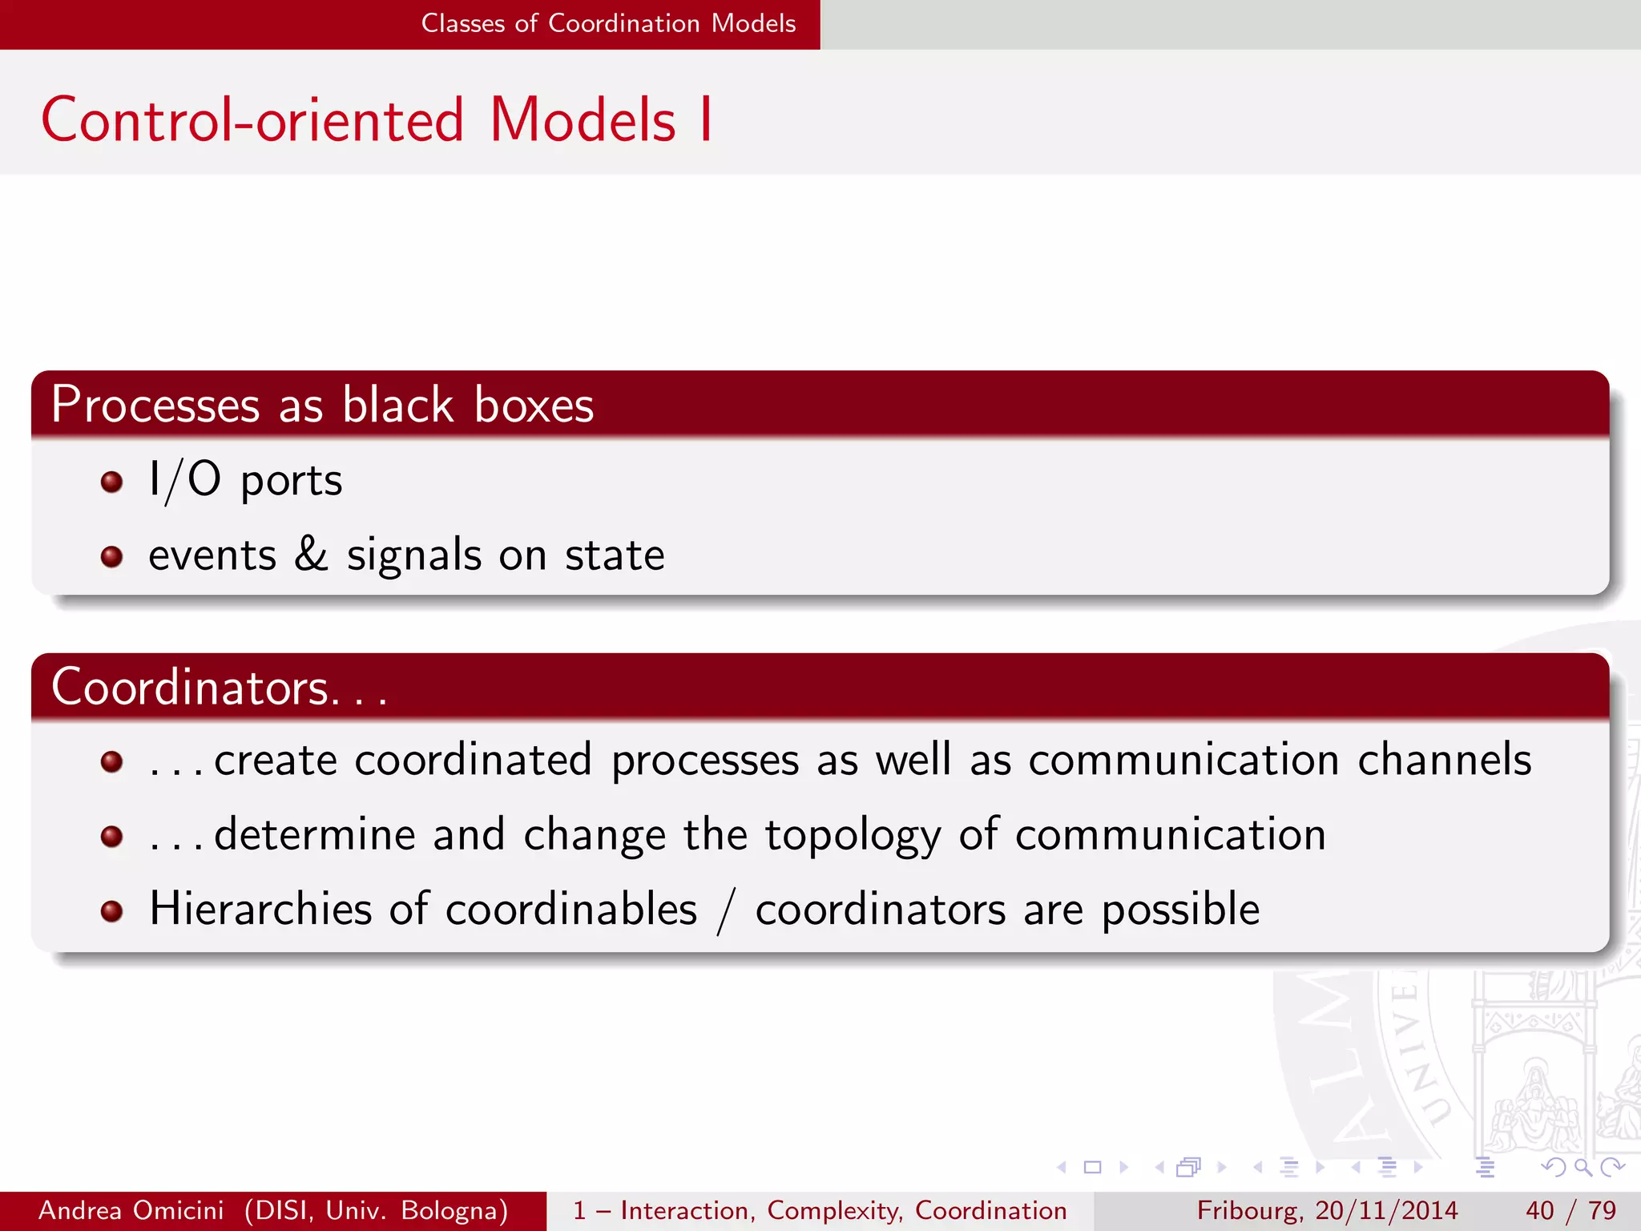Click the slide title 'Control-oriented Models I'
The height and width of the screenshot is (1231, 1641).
click(376, 120)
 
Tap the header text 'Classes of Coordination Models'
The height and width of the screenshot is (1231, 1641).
click(608, 23)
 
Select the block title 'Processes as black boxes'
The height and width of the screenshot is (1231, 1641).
click(322, 404)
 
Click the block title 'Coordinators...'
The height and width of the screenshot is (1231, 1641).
click(219, 688)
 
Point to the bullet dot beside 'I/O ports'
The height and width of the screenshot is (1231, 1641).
click(111, 482)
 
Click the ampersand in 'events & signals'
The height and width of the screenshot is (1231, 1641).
click(311, 554)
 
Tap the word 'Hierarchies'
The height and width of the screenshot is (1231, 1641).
click(260, 909)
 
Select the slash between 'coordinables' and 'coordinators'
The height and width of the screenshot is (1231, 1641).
click(726, 911)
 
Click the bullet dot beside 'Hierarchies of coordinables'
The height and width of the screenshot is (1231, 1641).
click(111, 911)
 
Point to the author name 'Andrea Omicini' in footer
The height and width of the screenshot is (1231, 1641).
click(131, 1210)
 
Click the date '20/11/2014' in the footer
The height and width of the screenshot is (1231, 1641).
click(1386, 1210)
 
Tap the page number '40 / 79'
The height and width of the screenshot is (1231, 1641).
click(1570, 1210)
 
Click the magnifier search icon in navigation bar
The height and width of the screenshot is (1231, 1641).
click(1583, 1167)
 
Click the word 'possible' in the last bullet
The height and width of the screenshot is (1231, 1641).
click(1180, 910)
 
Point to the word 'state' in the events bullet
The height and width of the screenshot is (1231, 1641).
click(615, 555)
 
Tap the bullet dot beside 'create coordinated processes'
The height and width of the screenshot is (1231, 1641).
click(111, 761)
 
